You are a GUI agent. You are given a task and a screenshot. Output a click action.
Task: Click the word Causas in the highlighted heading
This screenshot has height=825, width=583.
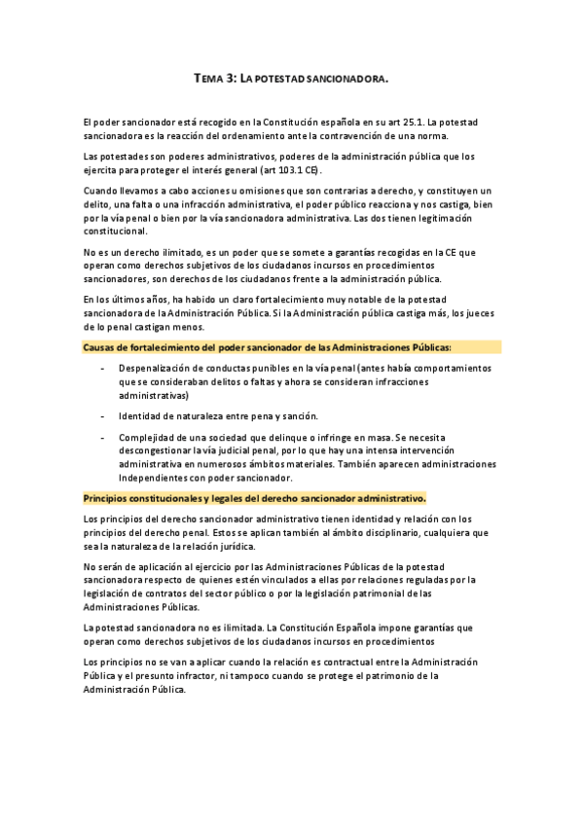[101, 346]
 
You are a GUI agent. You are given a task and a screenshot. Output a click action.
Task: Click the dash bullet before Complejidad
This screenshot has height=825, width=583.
[103, 438]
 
